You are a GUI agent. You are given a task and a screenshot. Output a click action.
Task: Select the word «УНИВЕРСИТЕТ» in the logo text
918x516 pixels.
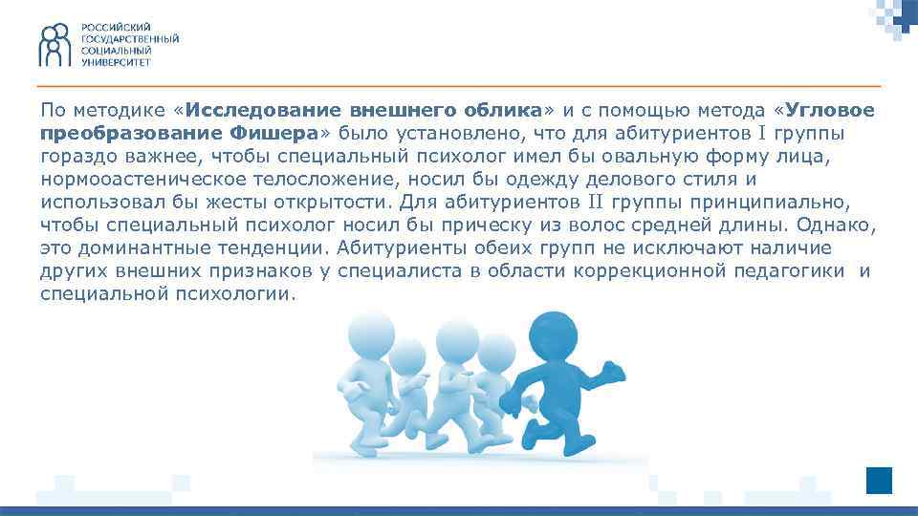[x=116, y=60]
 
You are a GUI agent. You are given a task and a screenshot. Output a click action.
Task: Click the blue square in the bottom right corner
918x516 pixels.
[x=879, y=480]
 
